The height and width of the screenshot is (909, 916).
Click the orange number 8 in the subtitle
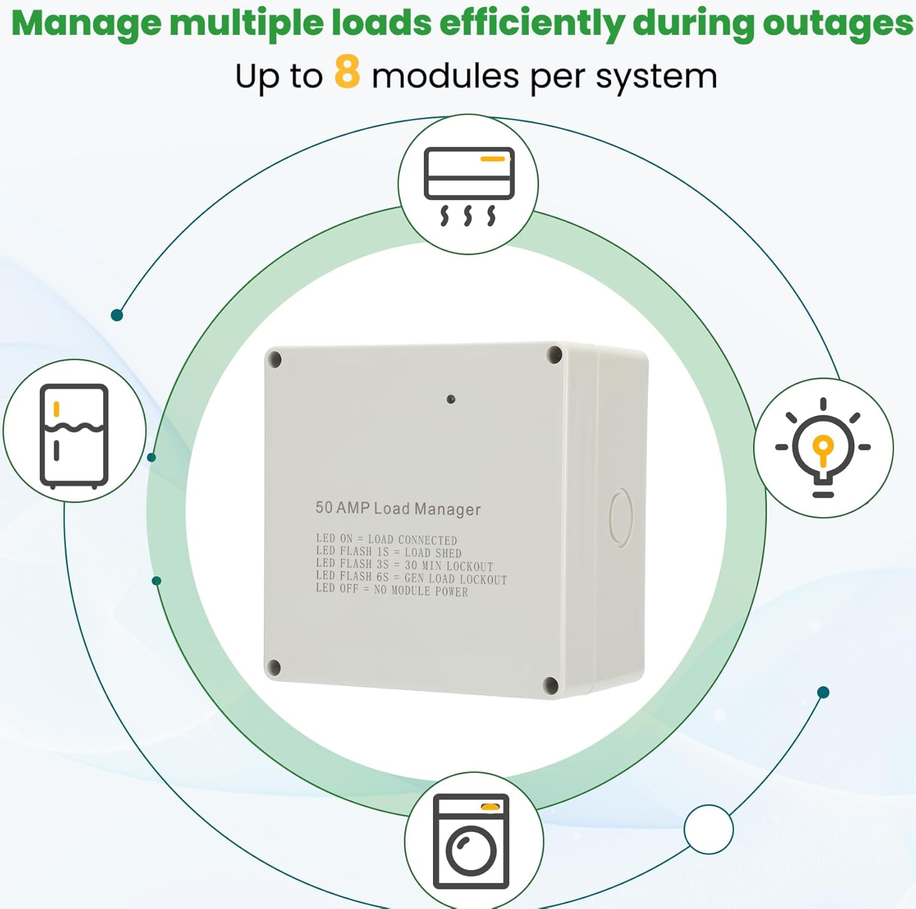pyautogui.click(x=347, y=71)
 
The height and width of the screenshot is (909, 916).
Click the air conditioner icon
pyautogui.click(x=468, y=185)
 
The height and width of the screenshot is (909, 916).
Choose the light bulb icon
pyautogui.click(x=823, y=447)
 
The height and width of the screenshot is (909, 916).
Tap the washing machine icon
pyautogui.click(x=471, y=841)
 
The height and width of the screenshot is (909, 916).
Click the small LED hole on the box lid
pyautogui.click(x=451, y=399)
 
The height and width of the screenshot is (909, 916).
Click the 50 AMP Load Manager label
pyautogui.click(x=398, y=509)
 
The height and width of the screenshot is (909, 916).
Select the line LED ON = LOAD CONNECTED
pyautogui.click(x=387, y=540)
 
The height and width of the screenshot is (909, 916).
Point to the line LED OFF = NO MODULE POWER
pyautogui.click(x=392, y=590)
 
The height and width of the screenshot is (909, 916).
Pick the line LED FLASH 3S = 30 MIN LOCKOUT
pyautogui.click(x=404, y=565)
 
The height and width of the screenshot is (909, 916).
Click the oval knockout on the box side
pyautogui.click(x=620, y=516)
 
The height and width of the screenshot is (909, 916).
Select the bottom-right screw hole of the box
pyautogui.click(x=550, y=685)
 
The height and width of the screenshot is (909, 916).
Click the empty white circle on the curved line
pyautogui.click(x=708, y=829)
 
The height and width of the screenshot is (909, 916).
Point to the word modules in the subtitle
pyautogui.click(x=445, y=78)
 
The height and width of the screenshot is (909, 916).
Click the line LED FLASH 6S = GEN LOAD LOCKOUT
pyautogui.click(x=412, y=578)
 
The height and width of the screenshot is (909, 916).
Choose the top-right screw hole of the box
pyautogui.click(x=554, y=355)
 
